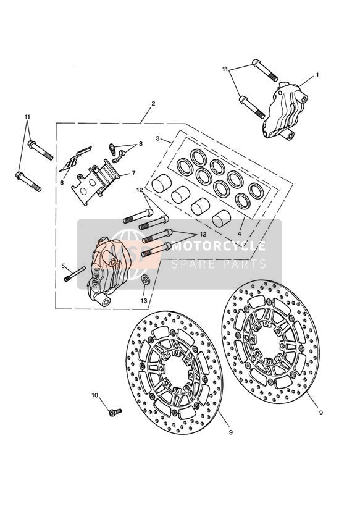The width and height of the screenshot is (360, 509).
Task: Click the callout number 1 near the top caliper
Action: click(317, 75)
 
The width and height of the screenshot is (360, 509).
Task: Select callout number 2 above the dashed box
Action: click(153, 104)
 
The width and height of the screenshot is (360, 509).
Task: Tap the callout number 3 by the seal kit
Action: click(157, 138)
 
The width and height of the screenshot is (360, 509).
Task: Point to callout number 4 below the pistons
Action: click(239, 233)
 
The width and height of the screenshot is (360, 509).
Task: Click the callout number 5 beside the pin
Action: click(63, 266)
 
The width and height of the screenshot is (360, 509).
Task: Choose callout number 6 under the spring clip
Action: click(62, 182)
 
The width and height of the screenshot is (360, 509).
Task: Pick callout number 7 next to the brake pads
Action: click(133, 174)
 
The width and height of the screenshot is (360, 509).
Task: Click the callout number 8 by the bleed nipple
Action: click(141, 143)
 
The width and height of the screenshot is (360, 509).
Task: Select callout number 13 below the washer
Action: click(144, 301)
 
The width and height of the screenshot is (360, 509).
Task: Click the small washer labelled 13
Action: click(145, 279)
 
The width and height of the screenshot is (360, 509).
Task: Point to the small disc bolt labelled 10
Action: click(115, 412)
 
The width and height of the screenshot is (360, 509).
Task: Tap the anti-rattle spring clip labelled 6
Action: click(75, 159)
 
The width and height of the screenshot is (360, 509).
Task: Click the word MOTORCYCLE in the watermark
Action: click(218, 246)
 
